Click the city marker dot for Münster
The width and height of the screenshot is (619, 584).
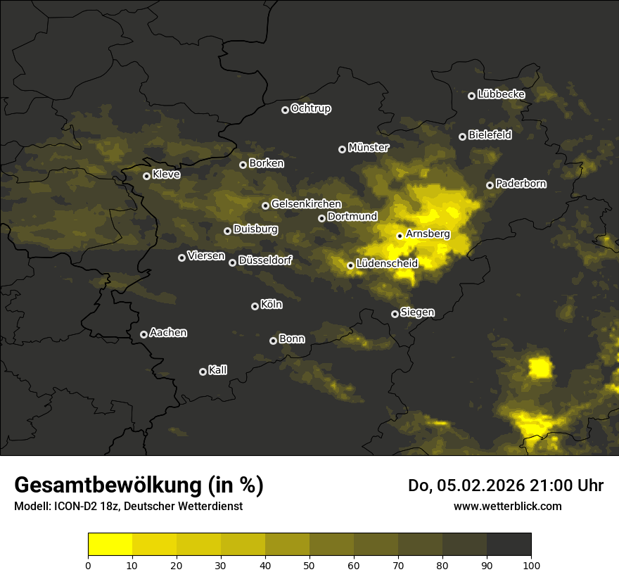(343, 149)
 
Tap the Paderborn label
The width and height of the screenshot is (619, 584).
(521, 184)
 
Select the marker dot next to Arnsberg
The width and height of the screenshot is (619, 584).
(400, 236)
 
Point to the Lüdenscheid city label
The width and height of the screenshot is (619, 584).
(387, 264)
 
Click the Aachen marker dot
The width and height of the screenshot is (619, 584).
(143, 334)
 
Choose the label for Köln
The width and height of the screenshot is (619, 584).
(272, 305)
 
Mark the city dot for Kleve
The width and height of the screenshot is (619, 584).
(146, 176)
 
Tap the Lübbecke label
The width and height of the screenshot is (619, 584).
(501, 94)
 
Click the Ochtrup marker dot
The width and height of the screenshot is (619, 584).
(285, 110)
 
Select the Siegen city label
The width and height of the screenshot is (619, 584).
(417, 312)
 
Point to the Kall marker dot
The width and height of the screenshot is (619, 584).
(203, 372)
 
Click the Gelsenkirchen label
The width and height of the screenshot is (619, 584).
(306, 204)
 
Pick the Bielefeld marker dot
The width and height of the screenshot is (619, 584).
(462, 137)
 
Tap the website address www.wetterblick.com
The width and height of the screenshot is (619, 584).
(507, 506)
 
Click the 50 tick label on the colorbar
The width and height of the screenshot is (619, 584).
(309, 564)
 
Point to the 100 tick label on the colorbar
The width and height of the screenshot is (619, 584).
(531, 564)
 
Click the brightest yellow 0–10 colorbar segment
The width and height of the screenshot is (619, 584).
(110, 545)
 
